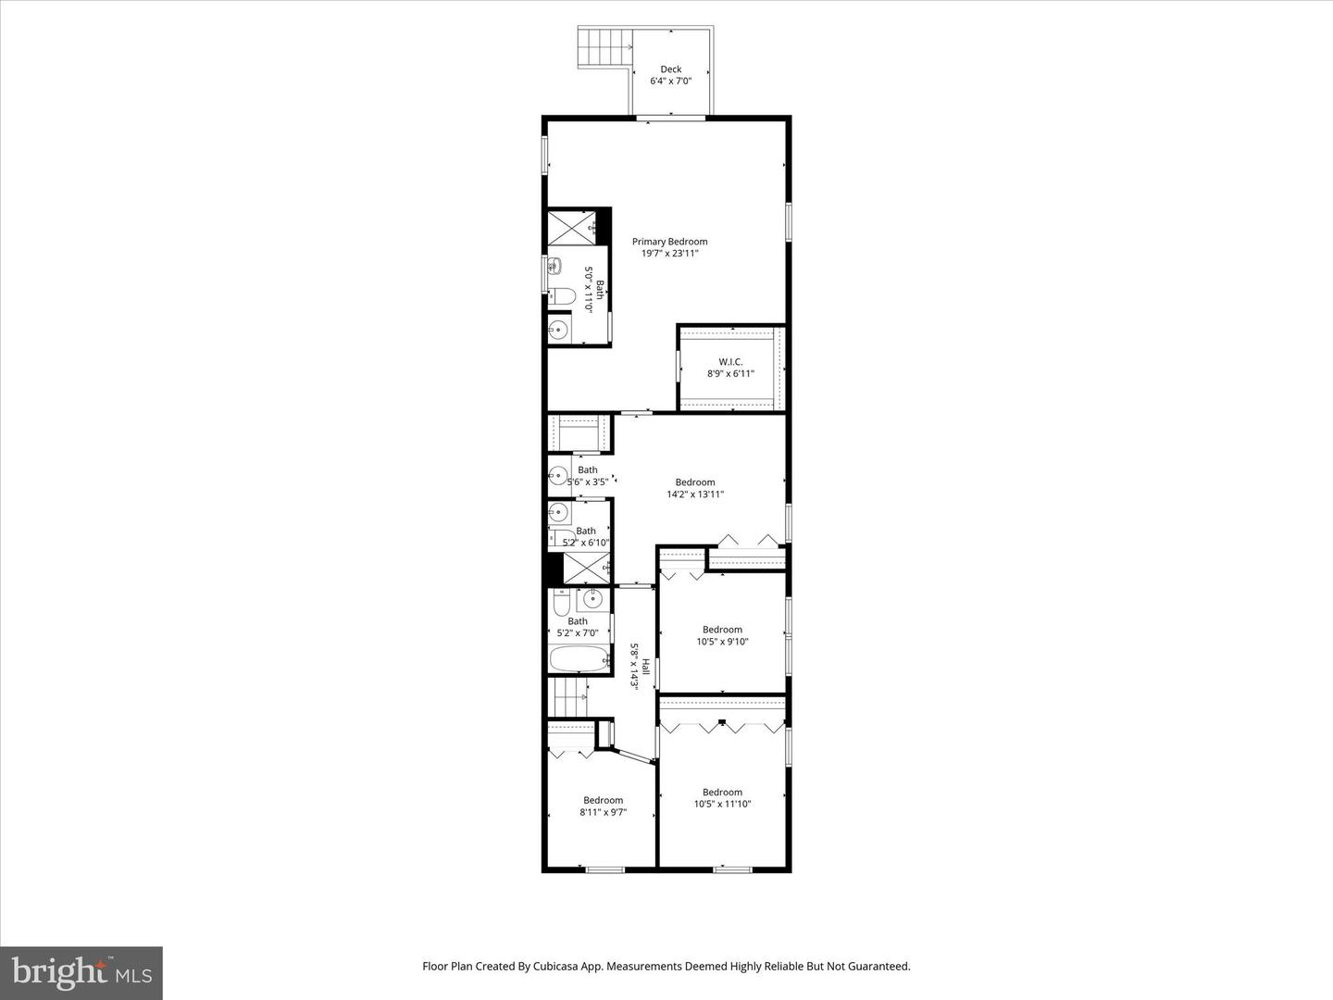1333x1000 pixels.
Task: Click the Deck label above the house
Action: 670,69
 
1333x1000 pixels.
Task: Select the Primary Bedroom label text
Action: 676,242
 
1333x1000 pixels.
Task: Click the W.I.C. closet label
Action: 730,362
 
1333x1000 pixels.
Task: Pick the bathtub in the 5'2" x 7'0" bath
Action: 579,659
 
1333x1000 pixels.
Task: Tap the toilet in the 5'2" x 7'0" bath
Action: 561,605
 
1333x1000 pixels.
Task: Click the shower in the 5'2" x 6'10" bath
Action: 586,567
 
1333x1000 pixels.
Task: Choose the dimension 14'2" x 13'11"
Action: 695,494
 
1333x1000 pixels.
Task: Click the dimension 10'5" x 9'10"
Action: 722,642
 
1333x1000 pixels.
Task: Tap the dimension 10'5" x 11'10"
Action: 722,805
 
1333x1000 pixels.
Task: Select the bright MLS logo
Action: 81,973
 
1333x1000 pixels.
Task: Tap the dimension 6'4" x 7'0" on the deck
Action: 670,81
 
